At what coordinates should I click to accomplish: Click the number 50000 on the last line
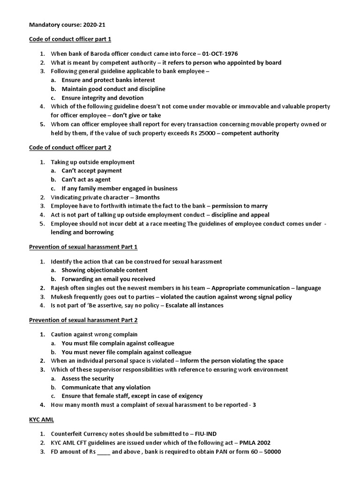(x=271, y=451)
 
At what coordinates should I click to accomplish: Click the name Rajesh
(x=61, y=288)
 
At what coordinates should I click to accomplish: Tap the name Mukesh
(x=62, y=297)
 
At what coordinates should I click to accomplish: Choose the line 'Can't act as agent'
(x=86, y=180)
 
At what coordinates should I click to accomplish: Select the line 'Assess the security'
(x=88, y=378)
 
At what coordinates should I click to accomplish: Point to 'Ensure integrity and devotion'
(x=102, y=97)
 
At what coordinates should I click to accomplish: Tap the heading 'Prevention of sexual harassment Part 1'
(x=83, y=247)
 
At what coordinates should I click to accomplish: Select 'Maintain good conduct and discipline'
(x=113, y=89)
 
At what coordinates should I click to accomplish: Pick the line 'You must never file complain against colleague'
(x=127, y=352)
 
